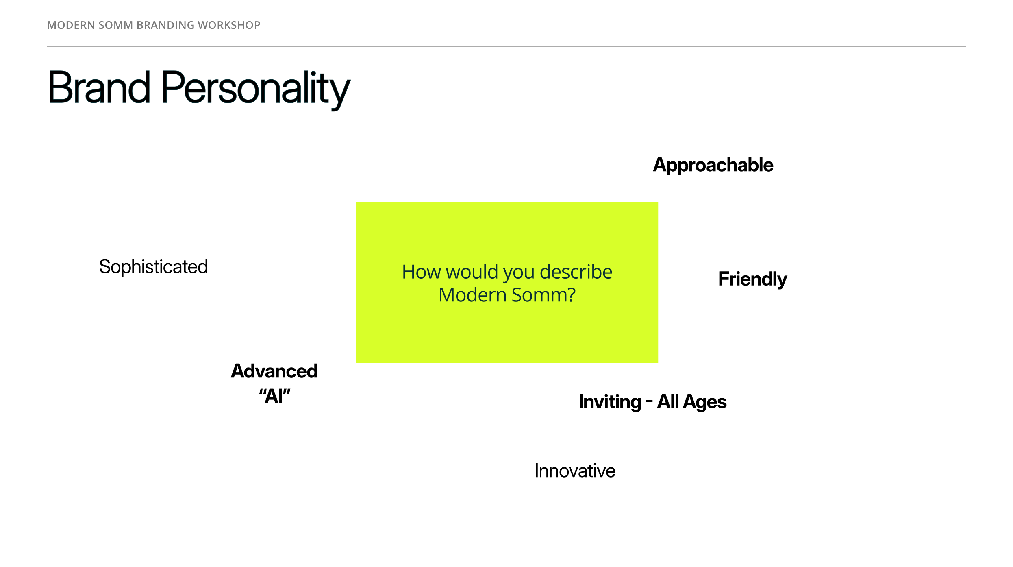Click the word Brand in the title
99,87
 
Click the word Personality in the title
256,90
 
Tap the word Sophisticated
153,267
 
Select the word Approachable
713,166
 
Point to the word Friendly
752,279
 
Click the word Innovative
575,471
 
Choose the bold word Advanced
274,371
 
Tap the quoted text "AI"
275,396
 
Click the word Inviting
610,402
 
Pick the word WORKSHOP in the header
229,25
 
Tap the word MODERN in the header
71,25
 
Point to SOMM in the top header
115,25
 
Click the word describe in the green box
576,272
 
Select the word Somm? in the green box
543,295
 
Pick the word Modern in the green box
473,295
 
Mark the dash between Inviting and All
649,402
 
